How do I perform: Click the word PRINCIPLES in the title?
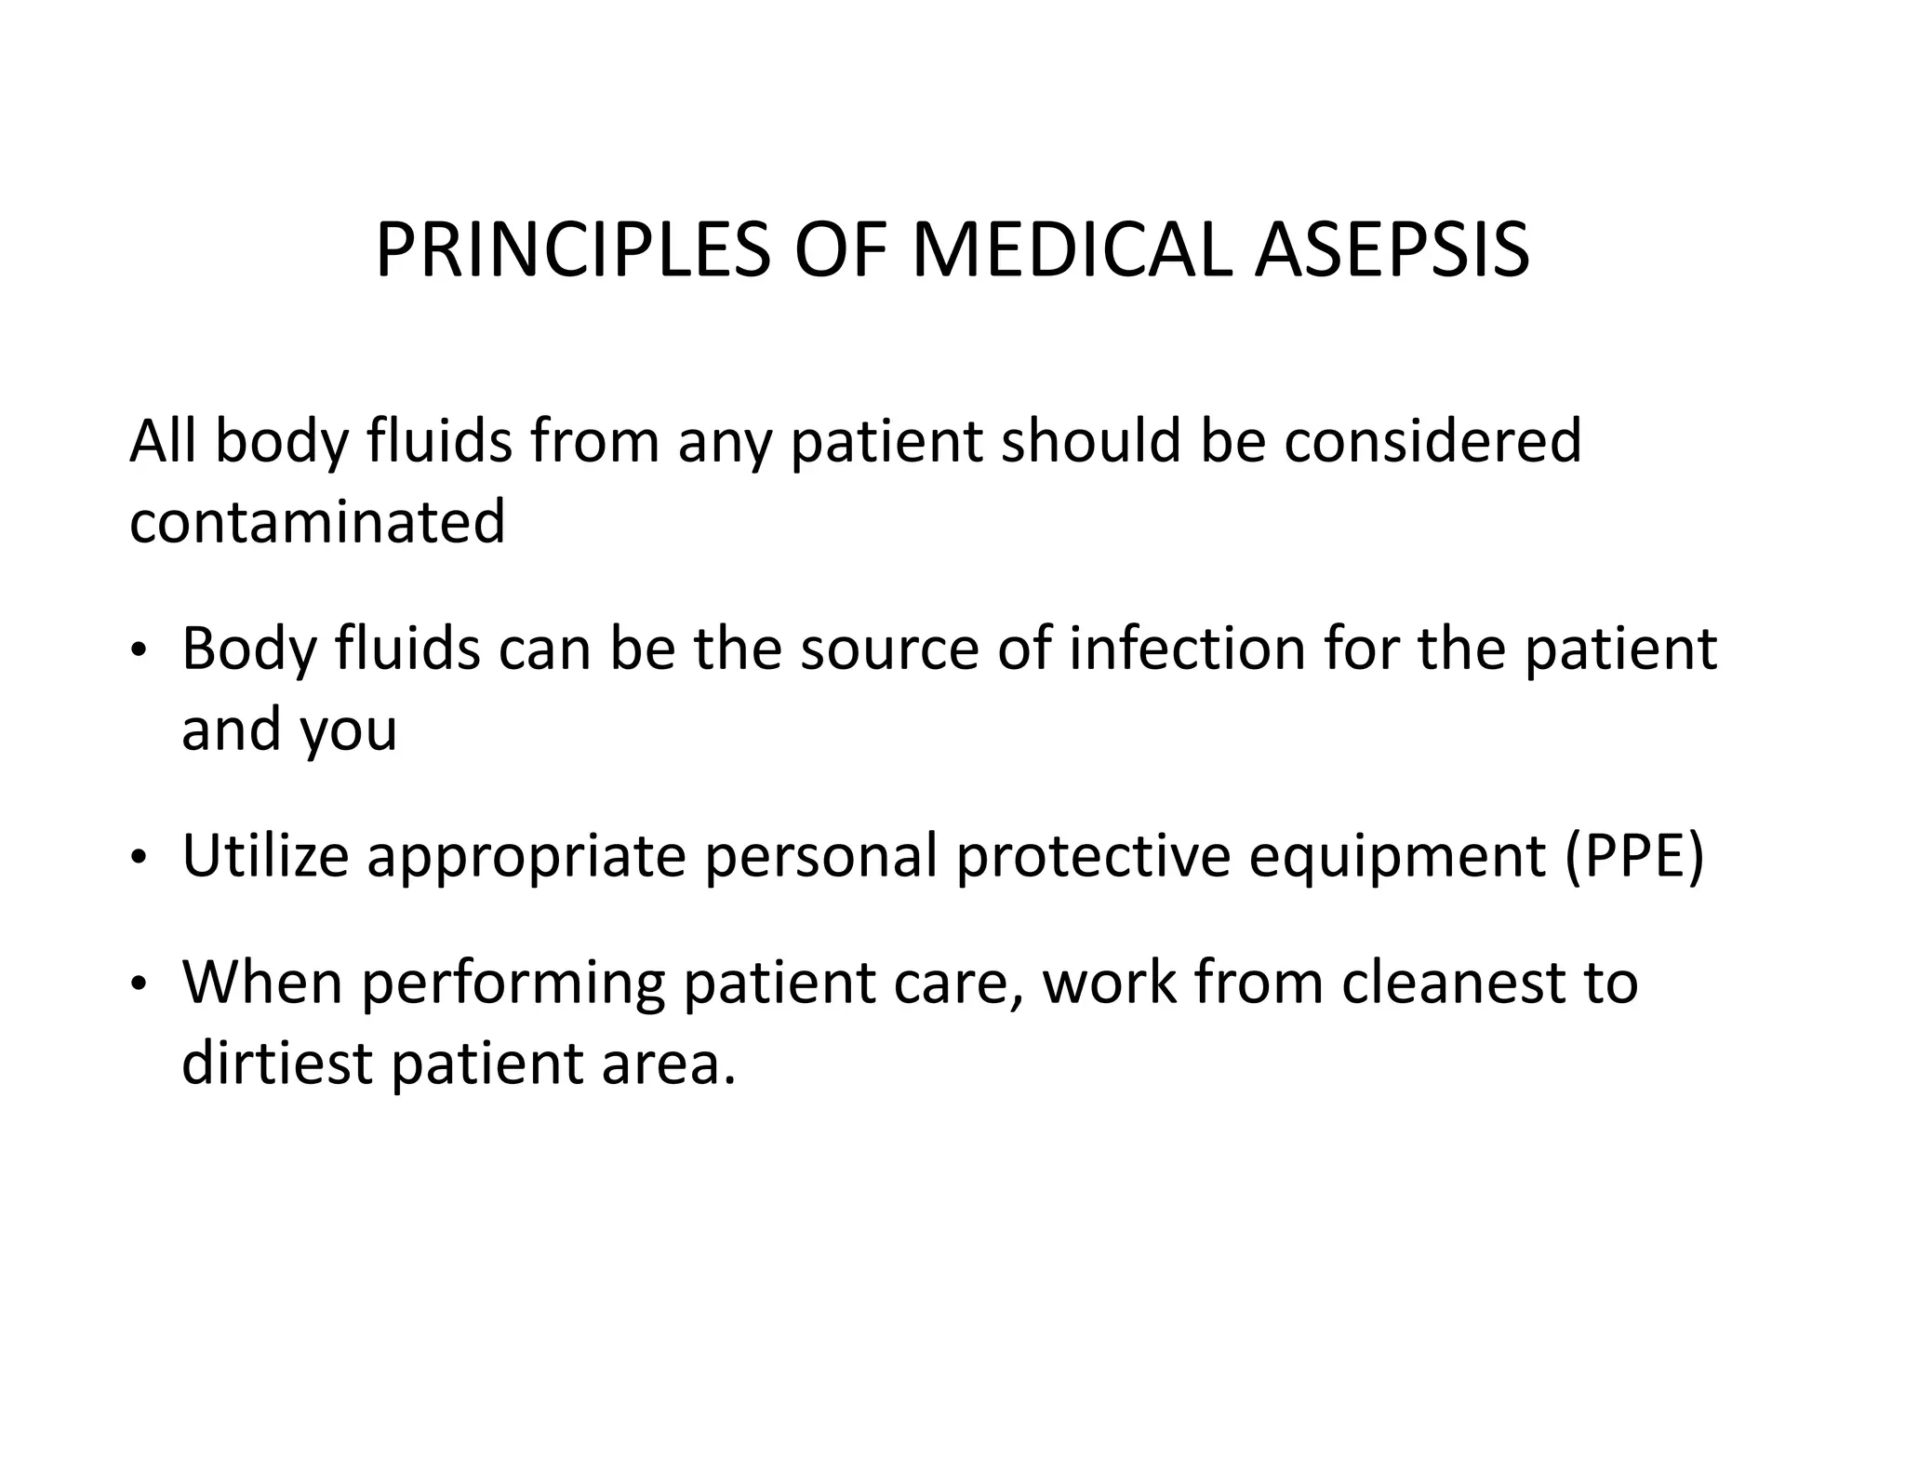coord(572,251)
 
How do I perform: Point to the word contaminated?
coord(317,521)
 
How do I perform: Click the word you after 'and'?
coord(348,730)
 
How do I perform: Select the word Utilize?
coord(265,855)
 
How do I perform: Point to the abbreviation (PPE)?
coord(1634,855)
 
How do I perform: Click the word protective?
coord(1093,855)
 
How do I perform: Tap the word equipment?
coord(1396,855)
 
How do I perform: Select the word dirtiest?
coord(277,1063)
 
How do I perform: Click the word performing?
coord(513,983)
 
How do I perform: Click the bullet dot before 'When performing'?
coord(138,984)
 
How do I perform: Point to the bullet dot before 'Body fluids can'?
coord(138,651)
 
